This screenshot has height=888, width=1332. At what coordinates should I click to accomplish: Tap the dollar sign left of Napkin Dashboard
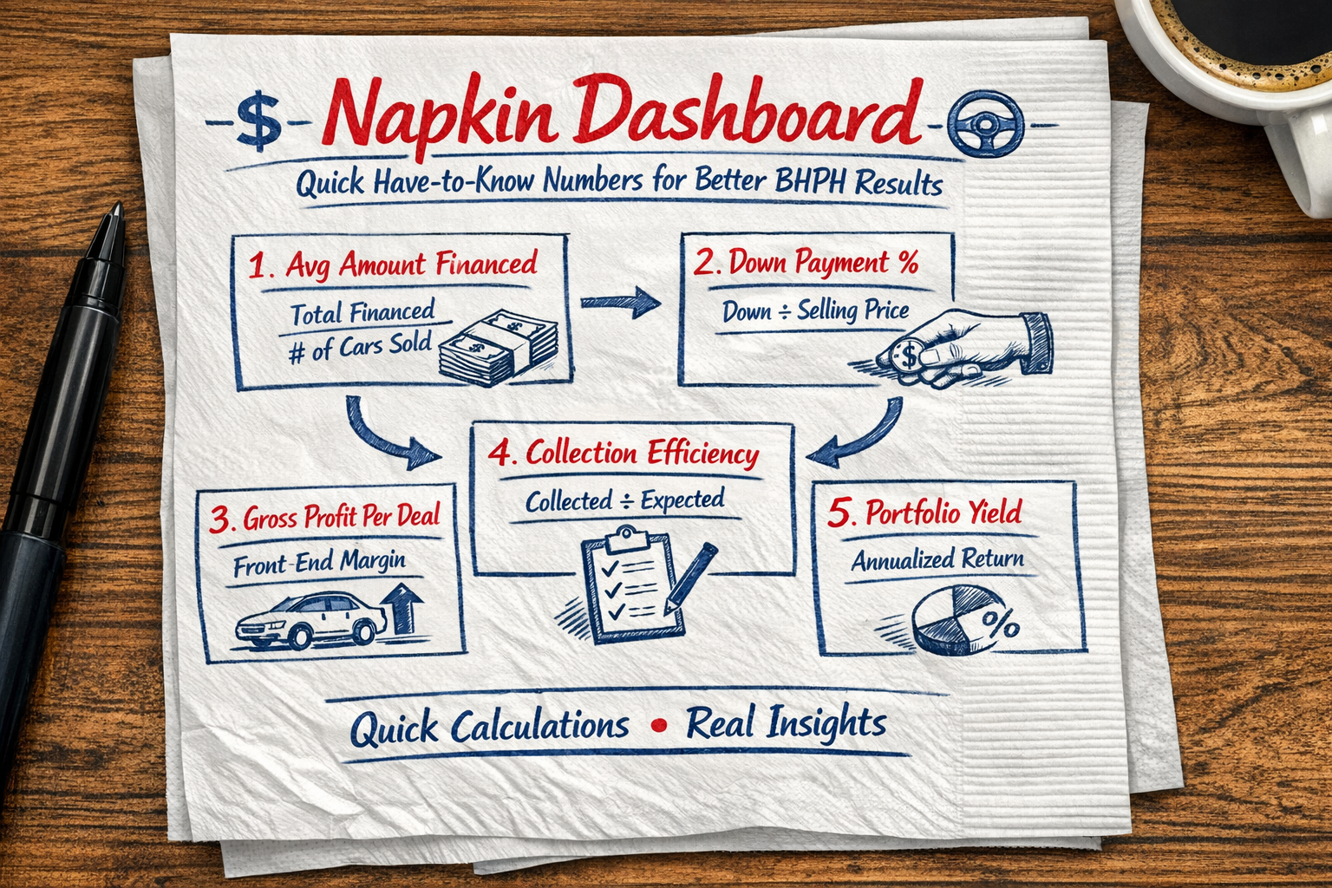point(258,121)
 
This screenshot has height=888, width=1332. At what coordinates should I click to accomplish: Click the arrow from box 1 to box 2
point(620,302)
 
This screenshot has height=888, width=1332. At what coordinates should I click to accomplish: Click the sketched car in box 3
point(310,619)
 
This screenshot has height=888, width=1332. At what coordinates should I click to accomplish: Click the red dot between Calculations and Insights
point(658,725)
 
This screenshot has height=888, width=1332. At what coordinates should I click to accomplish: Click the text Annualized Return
point(937,559)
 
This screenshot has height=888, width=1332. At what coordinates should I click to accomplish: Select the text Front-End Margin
point(319,563)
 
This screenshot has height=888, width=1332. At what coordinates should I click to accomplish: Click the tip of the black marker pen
point(114,213)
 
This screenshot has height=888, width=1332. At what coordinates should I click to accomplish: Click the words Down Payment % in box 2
point(822,263)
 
